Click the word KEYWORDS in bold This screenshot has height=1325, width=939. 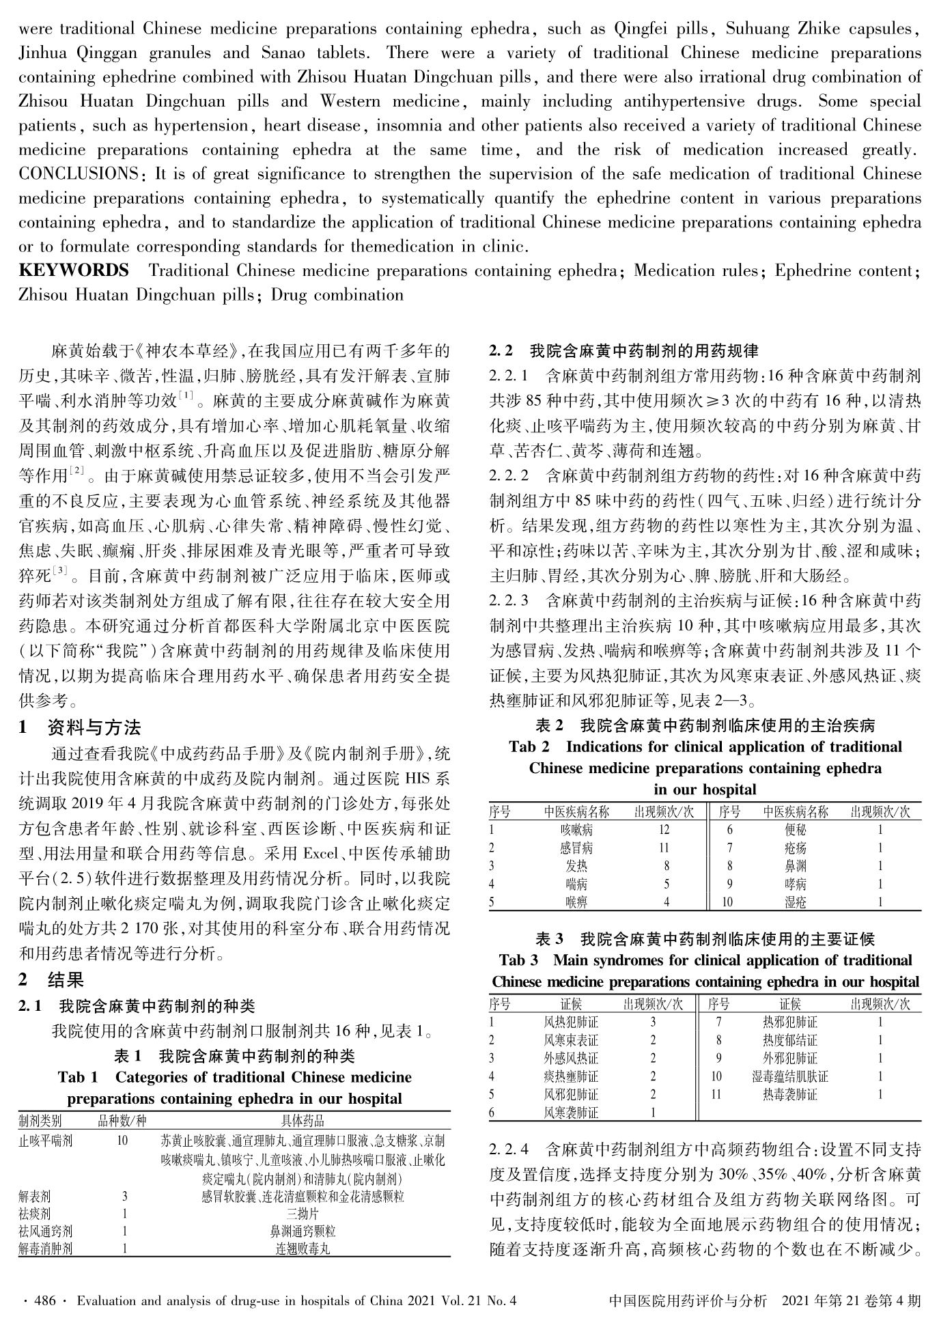point(74,270)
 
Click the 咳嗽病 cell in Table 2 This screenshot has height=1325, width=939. point(576,830)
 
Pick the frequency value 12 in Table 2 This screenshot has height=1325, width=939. point(664,830)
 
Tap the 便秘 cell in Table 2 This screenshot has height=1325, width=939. point(796,830)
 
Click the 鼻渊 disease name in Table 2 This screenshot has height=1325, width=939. point(796,866)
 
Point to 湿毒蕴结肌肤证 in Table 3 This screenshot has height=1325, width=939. point(790,1076)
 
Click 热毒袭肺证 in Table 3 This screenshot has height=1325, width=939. point(790,1094)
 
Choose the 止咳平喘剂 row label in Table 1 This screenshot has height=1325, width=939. point(46,1140)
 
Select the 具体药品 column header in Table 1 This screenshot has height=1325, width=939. point(303,1121)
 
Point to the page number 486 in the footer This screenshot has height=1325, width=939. point(44,1301)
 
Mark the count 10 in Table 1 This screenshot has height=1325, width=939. point(123,1140)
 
